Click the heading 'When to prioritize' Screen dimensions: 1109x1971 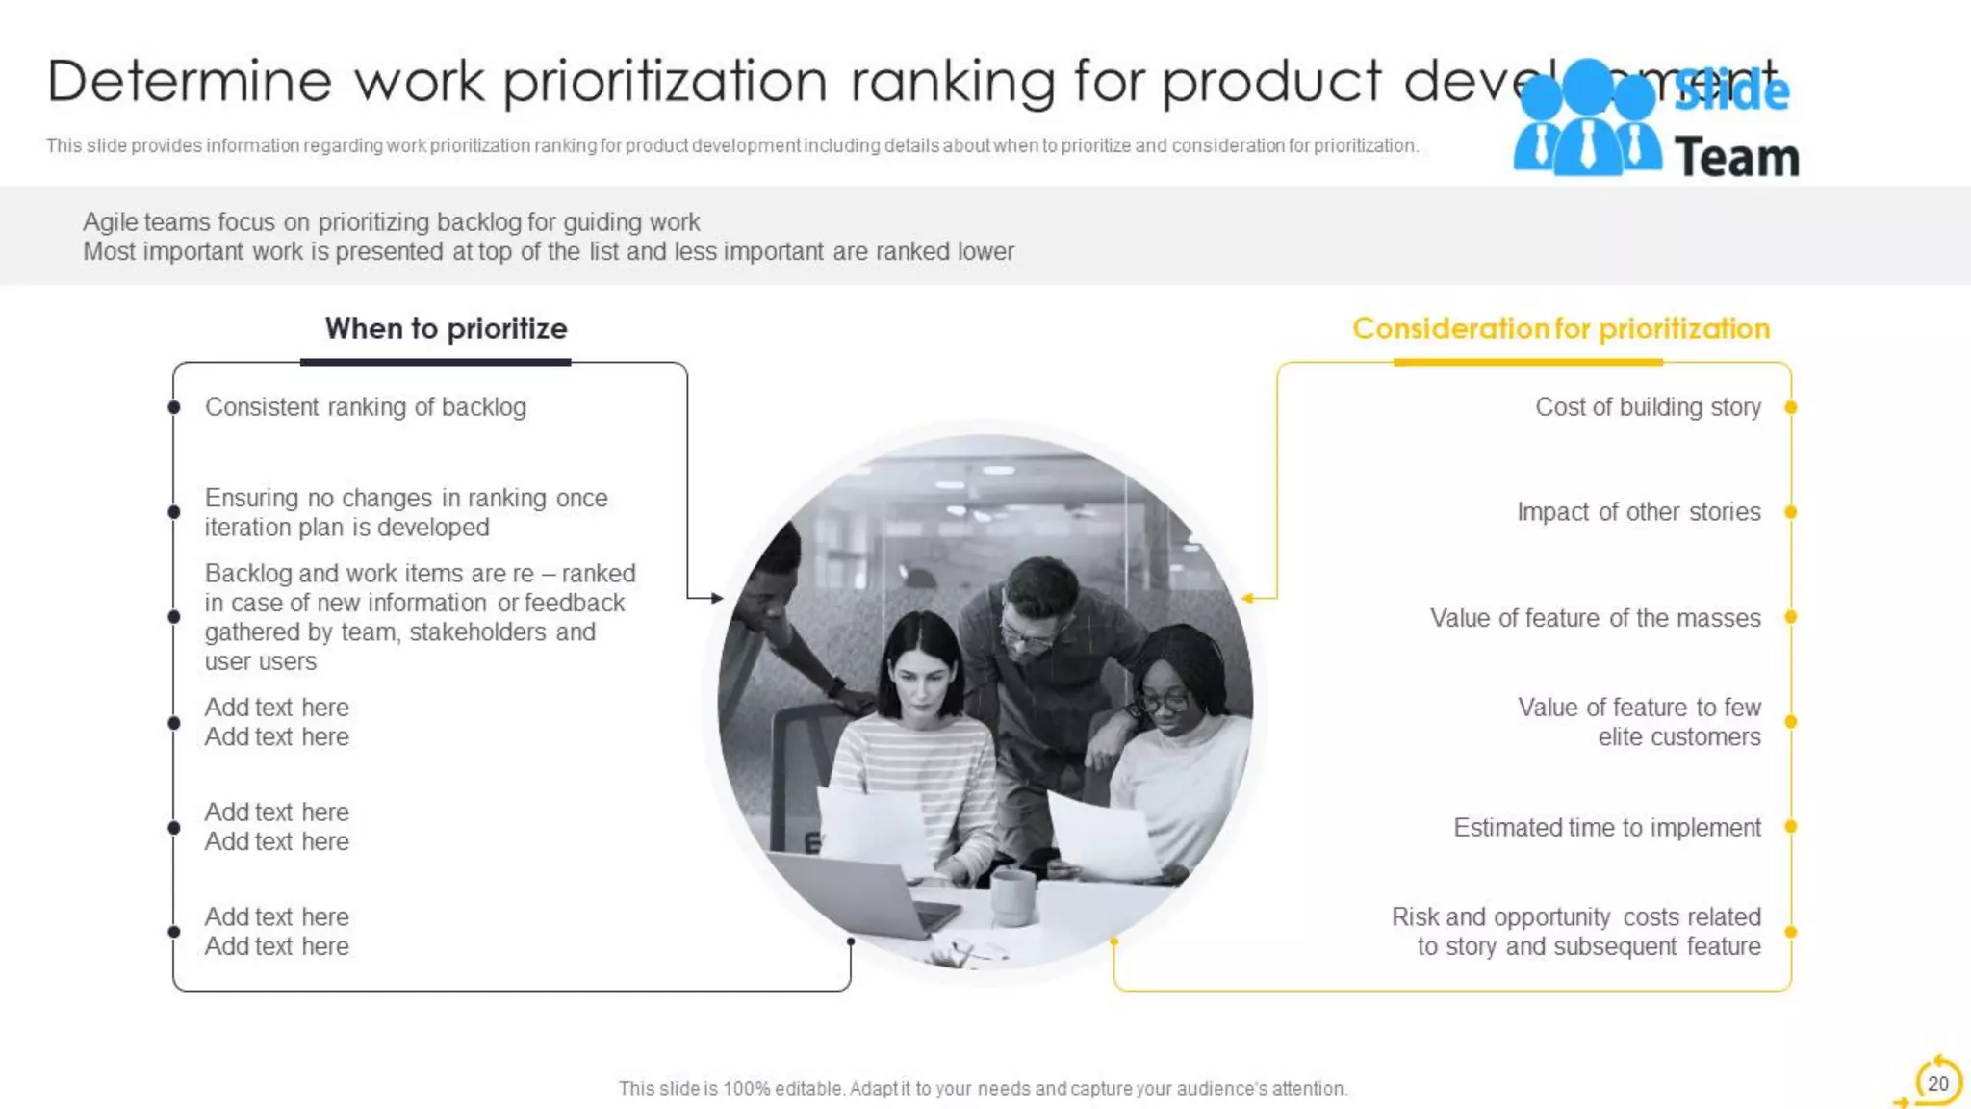tap(446, 328)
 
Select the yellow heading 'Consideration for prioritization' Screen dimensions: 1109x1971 tap(1560, 328)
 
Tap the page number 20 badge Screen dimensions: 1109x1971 tap(1937, 1083)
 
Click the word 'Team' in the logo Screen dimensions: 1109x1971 tap(1736, 158)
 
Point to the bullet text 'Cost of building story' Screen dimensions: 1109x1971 tap(1648, 407)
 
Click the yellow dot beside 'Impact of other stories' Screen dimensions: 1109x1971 tap(1790, 512)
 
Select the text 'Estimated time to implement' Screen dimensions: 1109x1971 tap(1606, 828)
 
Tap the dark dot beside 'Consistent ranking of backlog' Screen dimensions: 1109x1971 tap(174, 407)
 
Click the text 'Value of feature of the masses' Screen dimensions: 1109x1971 tap(1595, 618)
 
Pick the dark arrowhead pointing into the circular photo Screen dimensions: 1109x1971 tap(717, 598)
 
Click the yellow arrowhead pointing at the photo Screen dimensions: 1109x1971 tap(1247, 598)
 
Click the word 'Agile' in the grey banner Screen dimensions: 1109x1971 tap(110, 222)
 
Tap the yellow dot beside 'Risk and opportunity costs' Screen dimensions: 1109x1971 tap(1790, 932)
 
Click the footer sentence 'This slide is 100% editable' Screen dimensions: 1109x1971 tap(983, 1089)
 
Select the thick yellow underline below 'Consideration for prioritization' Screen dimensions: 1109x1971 tap(1527, 363)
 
